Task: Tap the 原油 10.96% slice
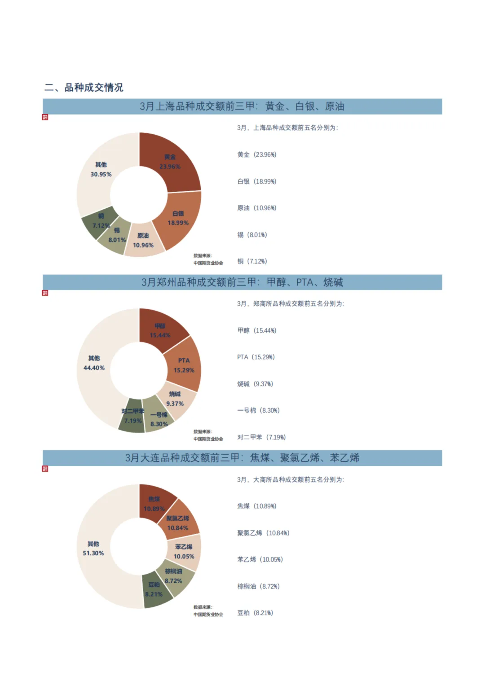pos(144,241)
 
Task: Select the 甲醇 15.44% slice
pos(160,331)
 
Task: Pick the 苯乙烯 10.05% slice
pos(184,552)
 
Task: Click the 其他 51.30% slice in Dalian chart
pos(93,549)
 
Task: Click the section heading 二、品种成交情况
pos(84,88)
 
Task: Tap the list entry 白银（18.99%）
pos(256,181)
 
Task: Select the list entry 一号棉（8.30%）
pos(258,410)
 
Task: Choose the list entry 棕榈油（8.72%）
pos(258,586)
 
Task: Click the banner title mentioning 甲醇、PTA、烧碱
pos(242,282)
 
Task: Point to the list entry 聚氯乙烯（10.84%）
pos(263,533)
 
